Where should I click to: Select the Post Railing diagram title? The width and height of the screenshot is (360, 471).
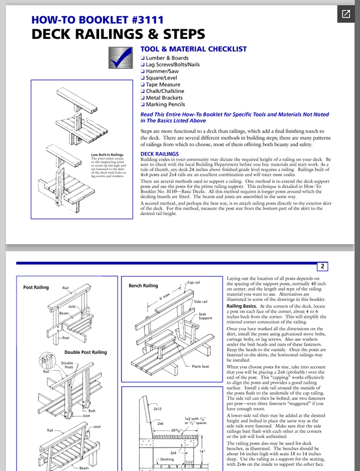pyautogui.click(x=36, y=288)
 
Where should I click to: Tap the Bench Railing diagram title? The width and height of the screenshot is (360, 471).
pyautogui.click(x=143, y=286)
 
